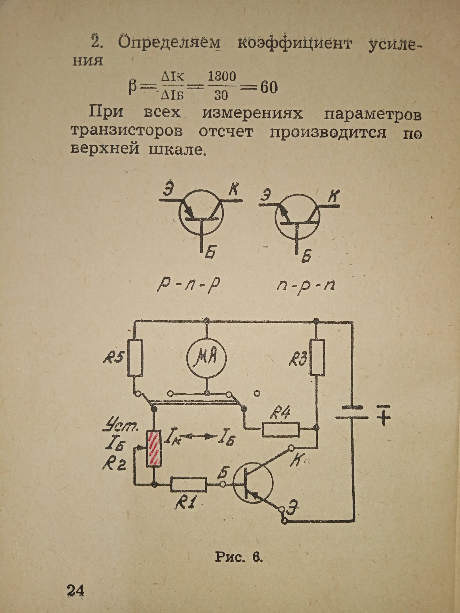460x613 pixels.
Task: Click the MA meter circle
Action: [x=207, y=358]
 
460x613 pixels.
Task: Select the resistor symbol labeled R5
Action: [x=135, y=358]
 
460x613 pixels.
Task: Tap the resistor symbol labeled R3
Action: [x=317, y=357]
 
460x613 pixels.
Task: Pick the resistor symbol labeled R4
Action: [x=281, y=430]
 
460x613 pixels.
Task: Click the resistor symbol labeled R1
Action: [x=189, y=485]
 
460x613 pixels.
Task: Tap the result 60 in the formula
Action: [x=269, y=88]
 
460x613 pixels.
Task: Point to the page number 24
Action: [x=75, y=590]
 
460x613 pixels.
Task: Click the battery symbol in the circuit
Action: [x=352, y=412]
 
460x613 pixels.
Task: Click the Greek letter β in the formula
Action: [x=132, y=88]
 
